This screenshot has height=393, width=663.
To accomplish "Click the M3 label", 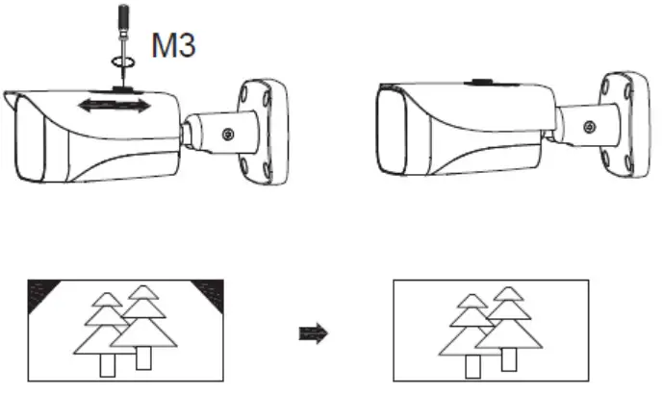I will coord(173,46).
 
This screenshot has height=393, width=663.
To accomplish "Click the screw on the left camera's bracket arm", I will coord(229,135).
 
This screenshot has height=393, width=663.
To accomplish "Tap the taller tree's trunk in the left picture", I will coord(143,357).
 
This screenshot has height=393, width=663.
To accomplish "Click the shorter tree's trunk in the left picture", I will coord(107,366).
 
